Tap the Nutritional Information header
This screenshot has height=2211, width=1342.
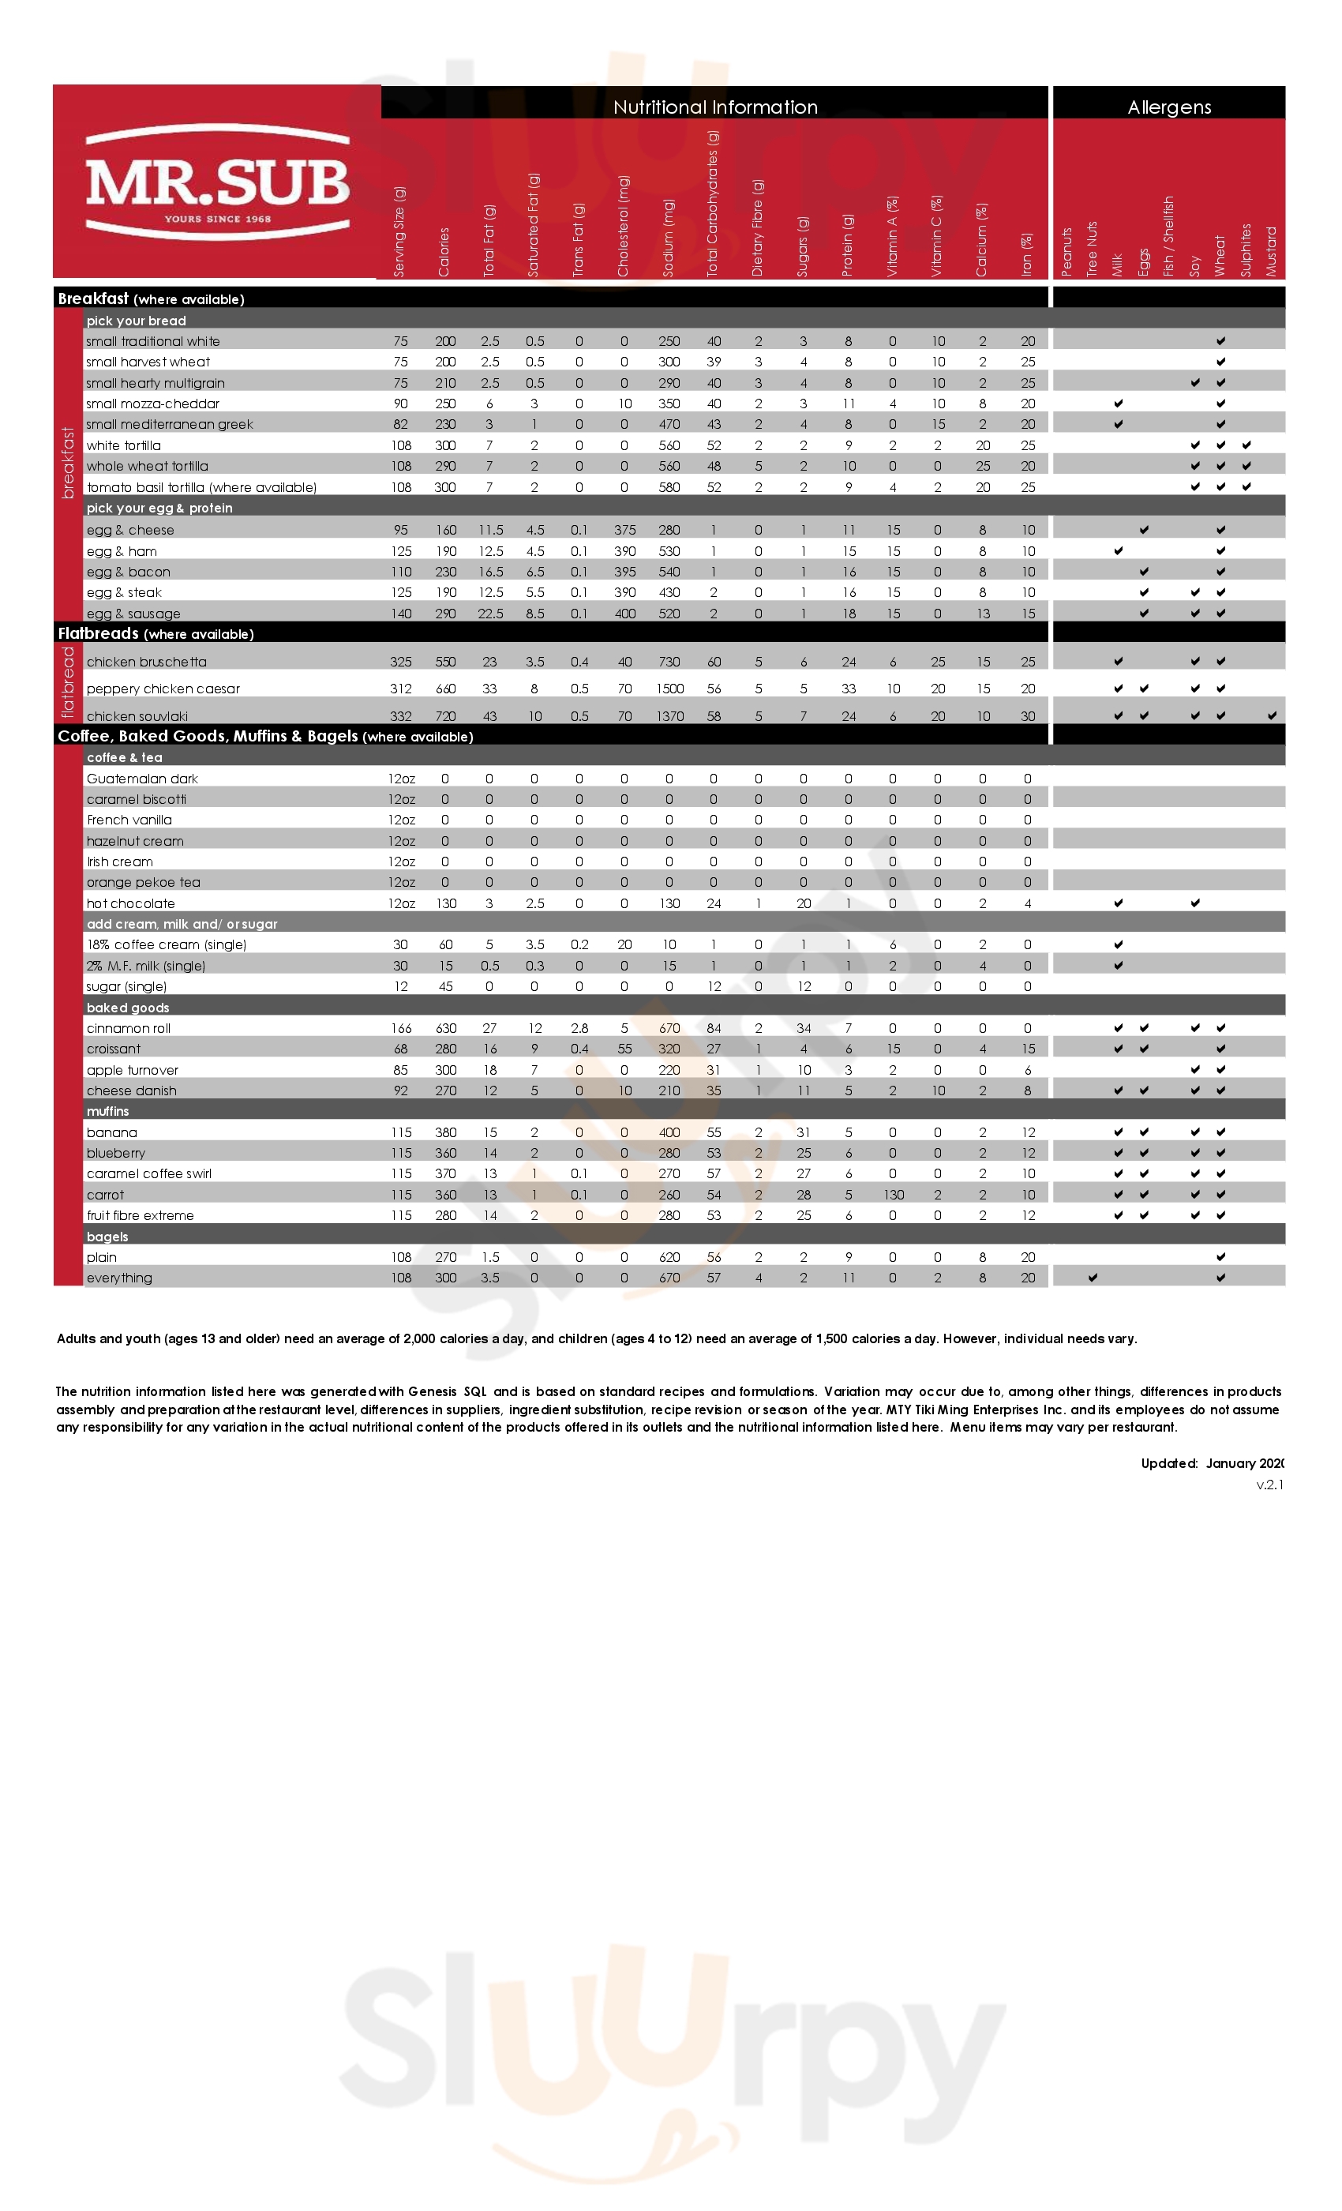[715, 107]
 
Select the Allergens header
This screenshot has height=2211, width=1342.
[1169, 107]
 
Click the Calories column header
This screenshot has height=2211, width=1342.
[444, 252]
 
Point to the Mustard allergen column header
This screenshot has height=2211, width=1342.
[1271, 251]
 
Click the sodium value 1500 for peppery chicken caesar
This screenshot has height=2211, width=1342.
[669, 689]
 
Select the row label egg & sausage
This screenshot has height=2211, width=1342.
[133, 614]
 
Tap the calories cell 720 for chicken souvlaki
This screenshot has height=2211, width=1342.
[446, 716]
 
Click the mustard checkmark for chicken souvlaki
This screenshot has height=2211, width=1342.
[1272, 715]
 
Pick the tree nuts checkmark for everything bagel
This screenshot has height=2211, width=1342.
[1093, 1277]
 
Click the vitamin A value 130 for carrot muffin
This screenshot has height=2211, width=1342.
[894, 1194]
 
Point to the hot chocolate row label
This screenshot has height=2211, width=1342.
[131, 903]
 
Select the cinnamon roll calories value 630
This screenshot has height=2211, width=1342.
[446, 1028]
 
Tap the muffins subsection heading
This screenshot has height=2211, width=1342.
[107, 1111]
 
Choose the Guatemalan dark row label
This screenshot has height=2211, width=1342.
[142, 779]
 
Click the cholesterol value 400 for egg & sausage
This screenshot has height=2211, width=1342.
[624, 614]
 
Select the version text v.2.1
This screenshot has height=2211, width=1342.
[1269, 1485]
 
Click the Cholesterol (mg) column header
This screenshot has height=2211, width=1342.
[624, 226]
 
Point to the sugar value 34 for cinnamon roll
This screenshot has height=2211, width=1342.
[804, 1028]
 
